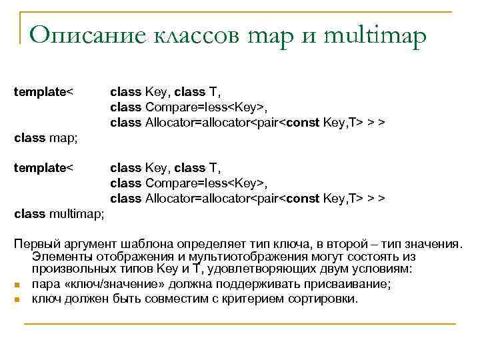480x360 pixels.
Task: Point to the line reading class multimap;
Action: pos(59,214)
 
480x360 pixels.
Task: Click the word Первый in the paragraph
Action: pos(33,241)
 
